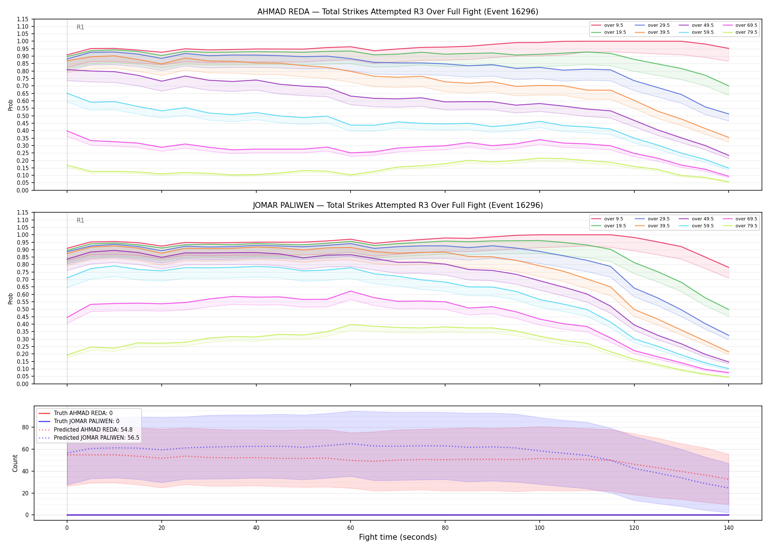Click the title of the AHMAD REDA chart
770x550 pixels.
pos(398,12)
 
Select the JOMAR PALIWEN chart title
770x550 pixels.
pos(398,205)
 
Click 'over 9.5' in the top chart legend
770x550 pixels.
pos(614,25)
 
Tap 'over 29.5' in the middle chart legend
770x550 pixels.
pos(659,219)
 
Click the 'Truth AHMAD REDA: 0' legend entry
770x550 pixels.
pos(83,413)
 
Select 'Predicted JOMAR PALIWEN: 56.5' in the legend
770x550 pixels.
pos(97,438)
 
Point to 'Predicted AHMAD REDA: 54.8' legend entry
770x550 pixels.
pos(93,430)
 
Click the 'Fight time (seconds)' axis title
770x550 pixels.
pos(398,538)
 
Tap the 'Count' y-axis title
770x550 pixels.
pos(15,463)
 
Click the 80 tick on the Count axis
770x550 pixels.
pos(26,427)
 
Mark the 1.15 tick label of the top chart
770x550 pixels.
pos(23,19)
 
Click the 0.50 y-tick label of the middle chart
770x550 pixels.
pos(23,309)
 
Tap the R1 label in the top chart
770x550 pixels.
pos(80,27)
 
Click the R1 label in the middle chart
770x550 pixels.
pos(80,220)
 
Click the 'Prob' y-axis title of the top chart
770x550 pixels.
pos(11,105)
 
